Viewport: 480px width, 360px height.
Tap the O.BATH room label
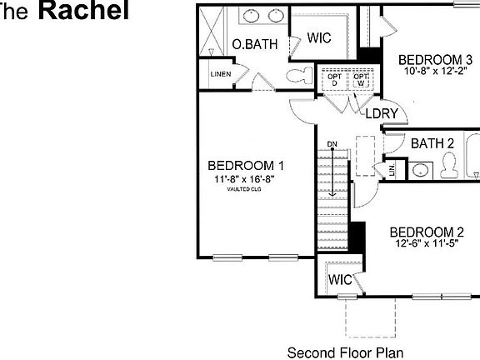(x=254, y=44)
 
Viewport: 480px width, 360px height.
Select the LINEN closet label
(x=221, y=74)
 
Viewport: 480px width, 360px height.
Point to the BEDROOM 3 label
(x=435, y=59)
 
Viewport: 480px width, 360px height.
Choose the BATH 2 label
(x=432, y=143)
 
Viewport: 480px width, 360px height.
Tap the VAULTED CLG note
(x=244, y=189)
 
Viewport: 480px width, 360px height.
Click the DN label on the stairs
(x=332, y=143)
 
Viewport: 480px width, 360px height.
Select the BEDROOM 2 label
(x=427, y=232)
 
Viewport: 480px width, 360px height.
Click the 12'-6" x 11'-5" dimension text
(x=427, y=244)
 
